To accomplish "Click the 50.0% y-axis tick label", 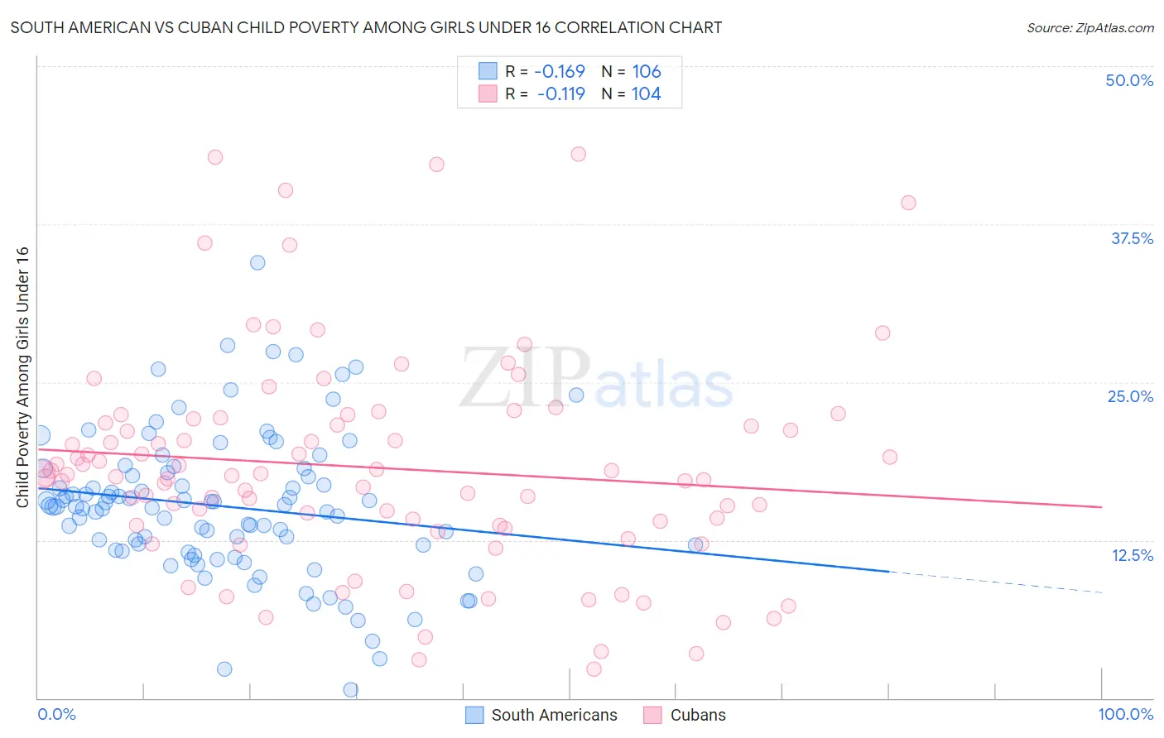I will point(1129,80).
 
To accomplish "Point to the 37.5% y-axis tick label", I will point(1132,238).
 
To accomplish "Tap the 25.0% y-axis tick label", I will point(1130,396).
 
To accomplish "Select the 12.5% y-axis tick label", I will point(1132,555).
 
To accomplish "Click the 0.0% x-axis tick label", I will point(56,714).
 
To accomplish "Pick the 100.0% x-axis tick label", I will point(1125,714).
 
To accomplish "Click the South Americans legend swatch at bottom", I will point(474,715).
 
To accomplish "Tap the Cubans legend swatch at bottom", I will point(653,715).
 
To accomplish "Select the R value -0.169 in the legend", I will point(559,71).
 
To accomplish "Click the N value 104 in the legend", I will point(646,93).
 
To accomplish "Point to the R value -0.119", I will point(560,93).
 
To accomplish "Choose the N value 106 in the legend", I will point(646,71).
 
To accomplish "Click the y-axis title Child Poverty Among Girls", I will point(22,377).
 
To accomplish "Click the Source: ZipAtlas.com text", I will point(1089,27).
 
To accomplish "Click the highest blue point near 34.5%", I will point(257,262).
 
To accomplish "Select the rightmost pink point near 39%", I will point(908,203).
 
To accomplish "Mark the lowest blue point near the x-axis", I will point(350,689).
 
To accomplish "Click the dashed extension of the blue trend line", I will point(993,582).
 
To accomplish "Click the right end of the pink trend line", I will point(1100,506).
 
